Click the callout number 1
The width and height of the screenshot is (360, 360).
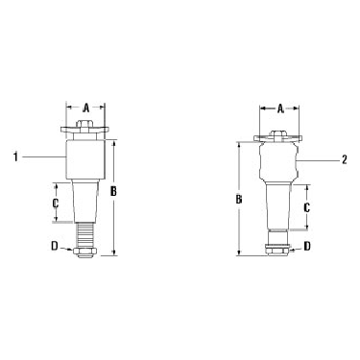pos(15,157)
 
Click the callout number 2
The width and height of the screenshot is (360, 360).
pos(345,159)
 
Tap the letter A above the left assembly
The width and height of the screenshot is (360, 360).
pos(85,108)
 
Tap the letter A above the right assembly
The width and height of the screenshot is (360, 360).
pos(280,109)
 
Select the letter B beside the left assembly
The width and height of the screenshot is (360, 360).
pos(113,191)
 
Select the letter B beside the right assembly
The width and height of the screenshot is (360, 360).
pos(239,200)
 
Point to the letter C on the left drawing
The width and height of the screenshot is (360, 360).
pos(55,203)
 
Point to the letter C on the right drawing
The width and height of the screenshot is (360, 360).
pos(306,208)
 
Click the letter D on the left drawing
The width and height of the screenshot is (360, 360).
pos(55,246)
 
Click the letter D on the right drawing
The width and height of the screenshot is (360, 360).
pos(307,246)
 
